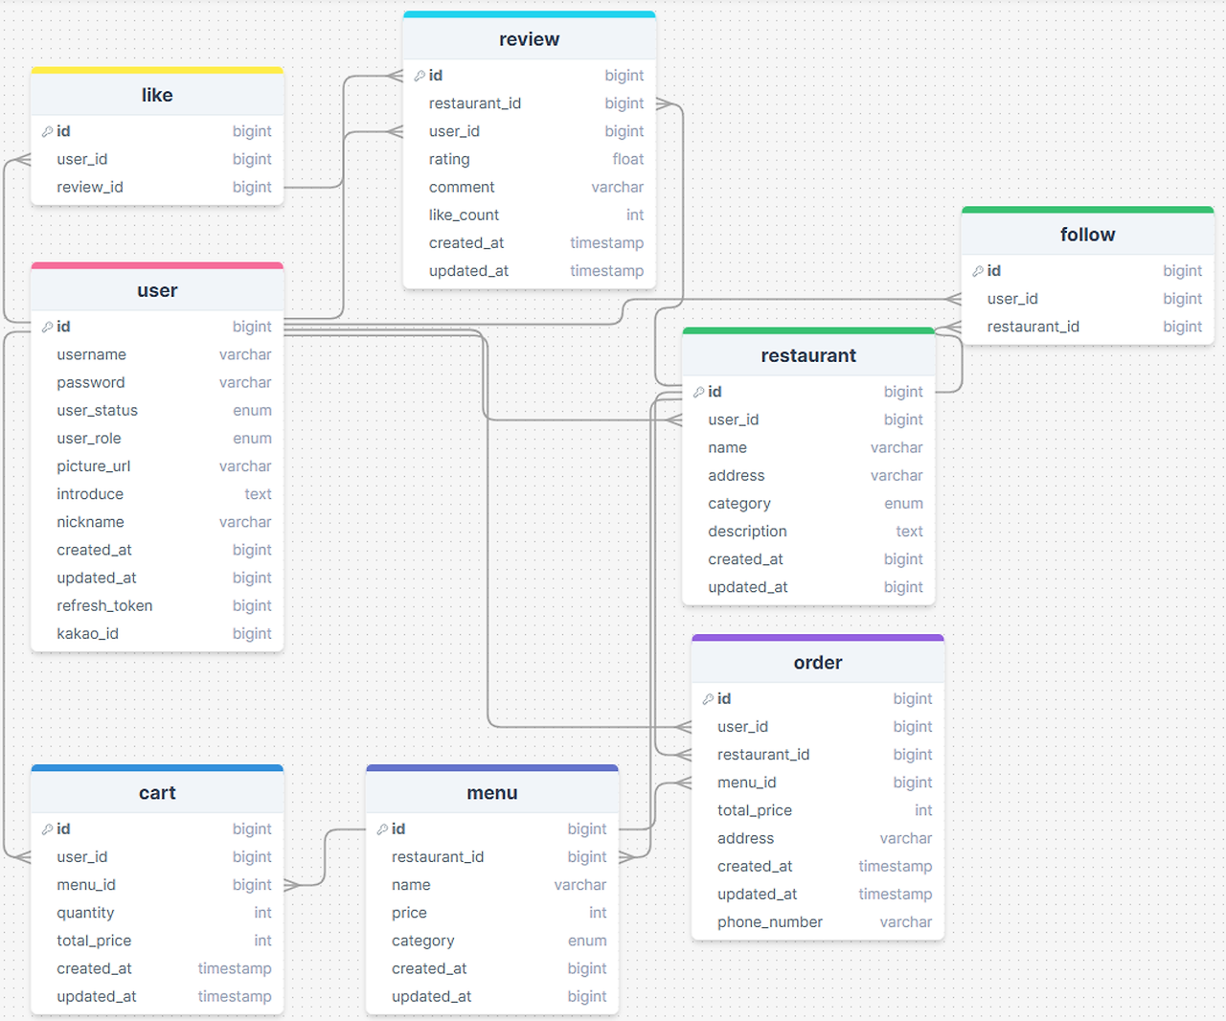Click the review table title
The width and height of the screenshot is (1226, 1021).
tap(529, 39)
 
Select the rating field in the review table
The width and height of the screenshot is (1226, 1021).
tap(449, 159)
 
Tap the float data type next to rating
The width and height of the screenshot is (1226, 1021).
tap(627, 159)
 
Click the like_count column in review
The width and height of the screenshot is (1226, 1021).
tap(464, 215)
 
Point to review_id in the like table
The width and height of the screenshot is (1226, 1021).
tap(90, 188)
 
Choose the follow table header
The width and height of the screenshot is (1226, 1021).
tap(1087, 235)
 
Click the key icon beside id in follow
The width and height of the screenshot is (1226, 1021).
tap(978, 271)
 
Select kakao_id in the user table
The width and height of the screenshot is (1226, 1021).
tap(87, 634)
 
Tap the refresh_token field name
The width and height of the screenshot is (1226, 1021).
tap(104, 606)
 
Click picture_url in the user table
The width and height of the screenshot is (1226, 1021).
tap(93, 466)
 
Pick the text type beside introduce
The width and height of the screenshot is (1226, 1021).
tap(258, 494)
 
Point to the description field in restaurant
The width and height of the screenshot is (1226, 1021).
tap(747, 532)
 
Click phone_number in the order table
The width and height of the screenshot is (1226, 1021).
tap(770, 922)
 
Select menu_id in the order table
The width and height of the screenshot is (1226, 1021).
tap(746, 783)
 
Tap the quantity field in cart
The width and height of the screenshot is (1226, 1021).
tap(85, 913)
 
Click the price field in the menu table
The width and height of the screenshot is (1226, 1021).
tap(409, 913)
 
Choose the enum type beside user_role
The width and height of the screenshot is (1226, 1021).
tap(252, 439)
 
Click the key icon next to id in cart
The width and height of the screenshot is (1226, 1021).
tap(48, 829)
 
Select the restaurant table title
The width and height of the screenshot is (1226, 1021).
tap(808, 355)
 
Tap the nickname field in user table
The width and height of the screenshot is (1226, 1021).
tap(90, 522)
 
